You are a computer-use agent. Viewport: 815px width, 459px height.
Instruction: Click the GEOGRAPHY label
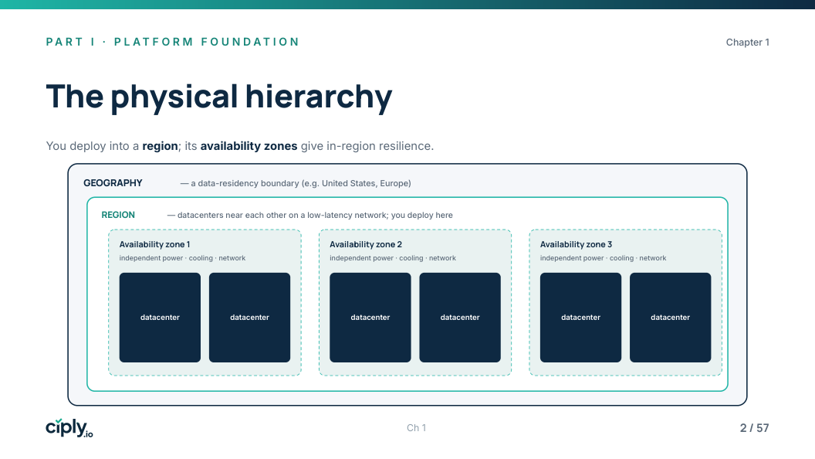tap(113, 183)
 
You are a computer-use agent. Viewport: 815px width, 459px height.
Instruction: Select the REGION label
tap(118, 215)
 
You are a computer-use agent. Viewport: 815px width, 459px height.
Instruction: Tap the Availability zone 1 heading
tap(155, 245)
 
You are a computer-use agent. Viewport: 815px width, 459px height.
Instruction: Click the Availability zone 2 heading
tap(366, 245)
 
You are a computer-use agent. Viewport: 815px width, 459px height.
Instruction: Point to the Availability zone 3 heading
tap(576, 245)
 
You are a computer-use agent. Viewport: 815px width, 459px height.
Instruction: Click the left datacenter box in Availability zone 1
tap(160, 318)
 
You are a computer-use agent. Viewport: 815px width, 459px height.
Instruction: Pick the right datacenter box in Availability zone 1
tap(249, 318)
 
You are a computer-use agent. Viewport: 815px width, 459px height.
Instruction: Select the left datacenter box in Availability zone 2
tap(370, 318)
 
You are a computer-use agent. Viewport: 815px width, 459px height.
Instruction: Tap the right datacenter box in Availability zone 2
tap(460, 318)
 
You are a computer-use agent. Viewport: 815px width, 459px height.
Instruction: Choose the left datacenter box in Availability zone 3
tap(580, 318)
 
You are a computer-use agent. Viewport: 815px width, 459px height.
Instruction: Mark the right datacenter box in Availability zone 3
tap(671, 318)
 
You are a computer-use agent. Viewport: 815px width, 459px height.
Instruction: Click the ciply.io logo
tap(69, 428)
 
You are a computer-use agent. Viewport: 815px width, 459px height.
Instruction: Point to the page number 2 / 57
tap(754, 428)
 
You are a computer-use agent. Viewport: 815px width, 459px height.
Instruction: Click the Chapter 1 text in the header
tap(747, 42)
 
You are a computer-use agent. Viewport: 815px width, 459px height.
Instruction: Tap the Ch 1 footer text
tap(416, 428)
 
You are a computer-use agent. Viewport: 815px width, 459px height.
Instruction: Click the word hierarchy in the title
tap(319, 98)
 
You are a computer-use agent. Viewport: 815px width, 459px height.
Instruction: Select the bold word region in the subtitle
tap(160, 146)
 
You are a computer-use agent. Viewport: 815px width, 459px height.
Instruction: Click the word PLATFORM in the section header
tap(154, 42)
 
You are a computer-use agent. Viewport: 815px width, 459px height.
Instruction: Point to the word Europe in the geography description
tap(394, 183)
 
